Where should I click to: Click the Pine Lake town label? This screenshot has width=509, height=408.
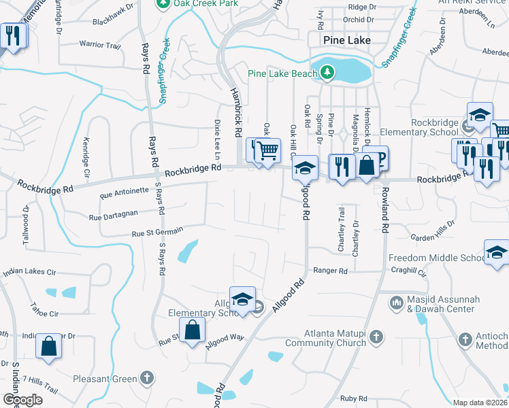pos(347,40)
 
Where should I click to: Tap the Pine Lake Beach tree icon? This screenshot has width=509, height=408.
pos(327,72)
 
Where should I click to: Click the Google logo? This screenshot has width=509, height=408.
pos(22,400)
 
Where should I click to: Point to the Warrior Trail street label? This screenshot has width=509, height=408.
pos(99,44)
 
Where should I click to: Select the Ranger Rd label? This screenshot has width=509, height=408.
pos(331,271)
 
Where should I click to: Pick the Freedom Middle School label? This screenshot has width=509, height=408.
pos(436,258)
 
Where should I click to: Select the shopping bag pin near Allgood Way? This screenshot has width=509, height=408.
pos(193,330)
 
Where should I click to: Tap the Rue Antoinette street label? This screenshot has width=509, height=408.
pos(124,192)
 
